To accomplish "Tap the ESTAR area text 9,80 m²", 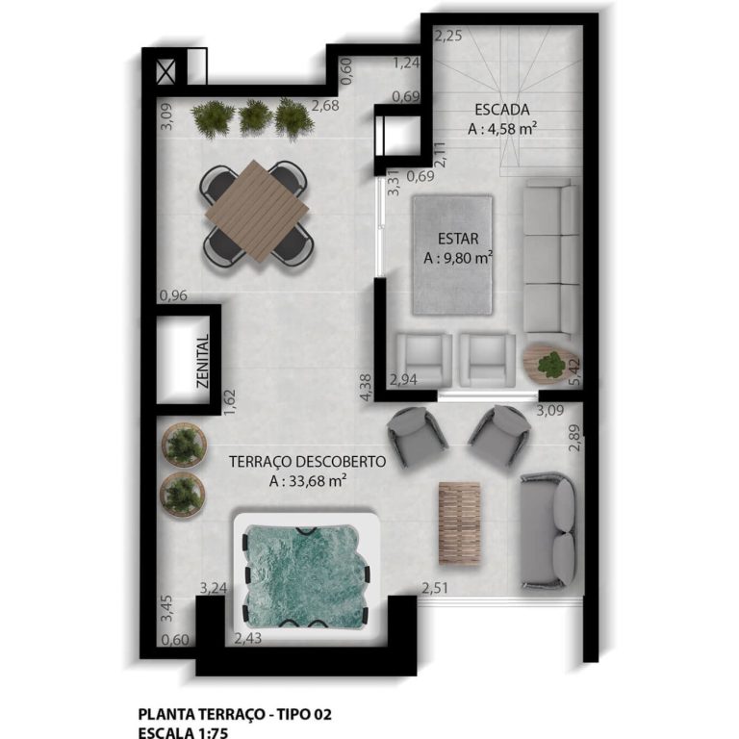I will [x=458, y=258].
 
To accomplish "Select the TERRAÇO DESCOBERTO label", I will [x=307, y=462].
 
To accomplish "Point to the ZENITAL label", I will [x=203, y=361].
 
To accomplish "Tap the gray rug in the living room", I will [x=452, y=254].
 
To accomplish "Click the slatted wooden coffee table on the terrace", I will [x=459, y=521].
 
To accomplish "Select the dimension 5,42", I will [x=575, y=370].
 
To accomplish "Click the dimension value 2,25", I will [x=449, y=37].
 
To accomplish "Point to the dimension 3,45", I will [x=166, y=609].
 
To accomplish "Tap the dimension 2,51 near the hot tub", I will [x=435, y=589].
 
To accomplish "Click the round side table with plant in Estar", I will [x=548, y=364].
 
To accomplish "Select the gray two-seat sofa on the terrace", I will [x=548, y=529].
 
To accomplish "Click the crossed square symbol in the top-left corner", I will [x=166, y=70].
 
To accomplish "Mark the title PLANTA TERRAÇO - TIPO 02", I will [x=236, y=714].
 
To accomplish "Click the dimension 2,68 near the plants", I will [x=325, y=106].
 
